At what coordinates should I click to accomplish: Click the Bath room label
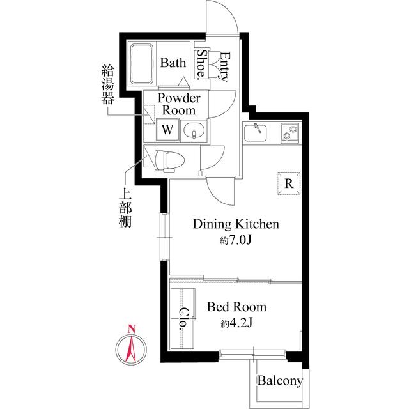tap(173, 63)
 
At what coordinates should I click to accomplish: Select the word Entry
tap(223, 65)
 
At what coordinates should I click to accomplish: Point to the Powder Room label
tap(179, 104)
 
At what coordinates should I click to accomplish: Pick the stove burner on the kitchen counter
tap(291, 132)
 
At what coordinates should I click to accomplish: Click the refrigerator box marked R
tap(289, 184)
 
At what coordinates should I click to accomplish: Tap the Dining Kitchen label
tap(236, 224)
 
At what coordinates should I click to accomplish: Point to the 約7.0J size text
tap(236, 241)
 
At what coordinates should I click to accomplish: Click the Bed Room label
tap(236, 307)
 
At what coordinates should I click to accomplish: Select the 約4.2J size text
tap(236, 323)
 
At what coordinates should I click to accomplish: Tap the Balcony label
tap(280, 382)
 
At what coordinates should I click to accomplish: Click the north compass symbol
tap(130, 348)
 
